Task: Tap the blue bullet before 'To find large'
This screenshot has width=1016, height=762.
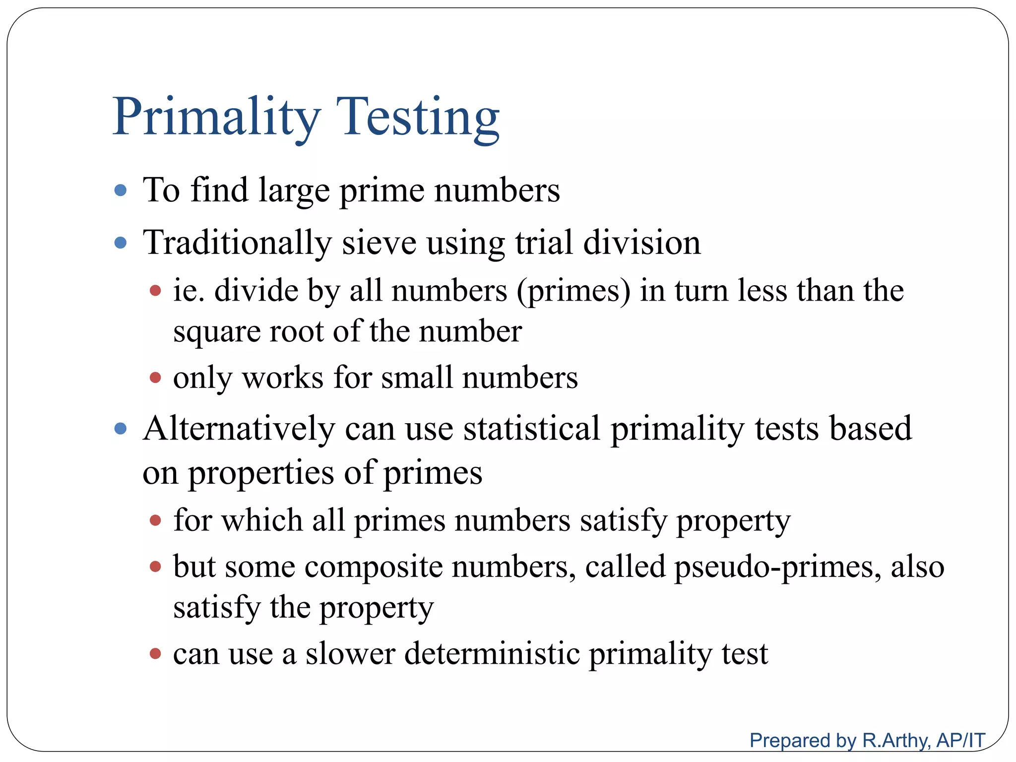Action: (121, 190)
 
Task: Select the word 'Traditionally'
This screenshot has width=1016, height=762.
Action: (237, 243)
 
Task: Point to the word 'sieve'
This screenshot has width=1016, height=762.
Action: (379, 243)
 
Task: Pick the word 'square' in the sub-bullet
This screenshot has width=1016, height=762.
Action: (216, 331)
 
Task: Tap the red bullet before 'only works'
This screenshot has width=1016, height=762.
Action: (155, 378)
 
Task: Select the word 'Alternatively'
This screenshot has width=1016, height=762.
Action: (239, 429)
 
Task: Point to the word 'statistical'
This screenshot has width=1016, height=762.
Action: (531, 429)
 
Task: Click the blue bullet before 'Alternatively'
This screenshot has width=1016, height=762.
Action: (121, 429)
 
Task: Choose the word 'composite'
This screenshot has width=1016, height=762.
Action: (373, 567)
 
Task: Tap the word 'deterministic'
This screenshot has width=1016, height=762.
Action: (492, 653)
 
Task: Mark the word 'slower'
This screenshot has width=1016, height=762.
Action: (350, 653)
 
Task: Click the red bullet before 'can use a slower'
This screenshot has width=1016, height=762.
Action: (155, 654)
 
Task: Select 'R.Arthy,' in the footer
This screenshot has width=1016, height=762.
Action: (897, 741)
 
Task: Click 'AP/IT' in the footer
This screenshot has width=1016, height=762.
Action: (960, 741)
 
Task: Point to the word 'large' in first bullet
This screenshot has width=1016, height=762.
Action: (294, 191)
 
